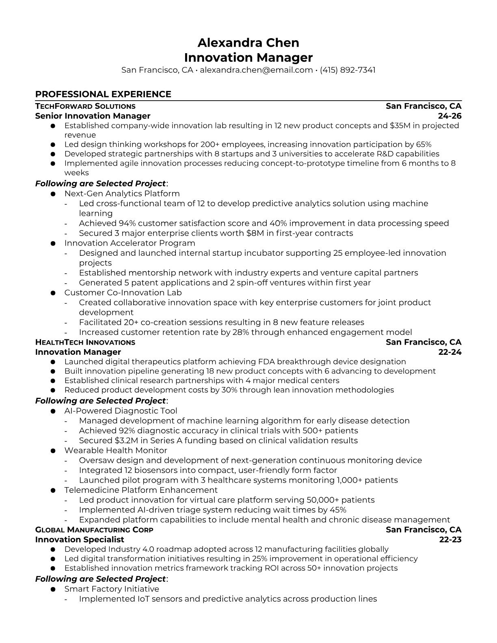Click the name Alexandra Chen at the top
pyautogui.click(x=248, y=43)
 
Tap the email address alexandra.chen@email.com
pyautogui.click(x=256, y=70)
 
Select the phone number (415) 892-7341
pyautogui.click(x=348, y=70)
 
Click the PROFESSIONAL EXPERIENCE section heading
pyautogui.click(x=103, y=94)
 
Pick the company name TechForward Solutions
pyautogui.click(x=85, y=106)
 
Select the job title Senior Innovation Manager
pyautogui.click(x=93, y=116)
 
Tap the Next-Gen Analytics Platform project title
pyautogui.click(x=122, y=194)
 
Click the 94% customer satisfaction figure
pyautogui.click(x=127, y=223)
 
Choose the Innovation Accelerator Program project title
pyautogui.click(x=130, y=243)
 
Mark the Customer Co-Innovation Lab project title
pyautogui.click(x=123, y=293)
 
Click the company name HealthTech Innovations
pyautogui.click(x=85, y=342)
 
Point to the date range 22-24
pyautogui.click(x=450, y=352)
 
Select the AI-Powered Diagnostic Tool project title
pyautogui.click(x=121, y=411)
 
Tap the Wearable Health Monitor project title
pyautogui.click(x=116, y=450)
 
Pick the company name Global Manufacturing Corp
pyautogui.click(x=94, y=530)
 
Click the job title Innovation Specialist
pyautogui.click(x=80, y=539)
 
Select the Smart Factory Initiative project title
pyautogui.click(x=112, y=589)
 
